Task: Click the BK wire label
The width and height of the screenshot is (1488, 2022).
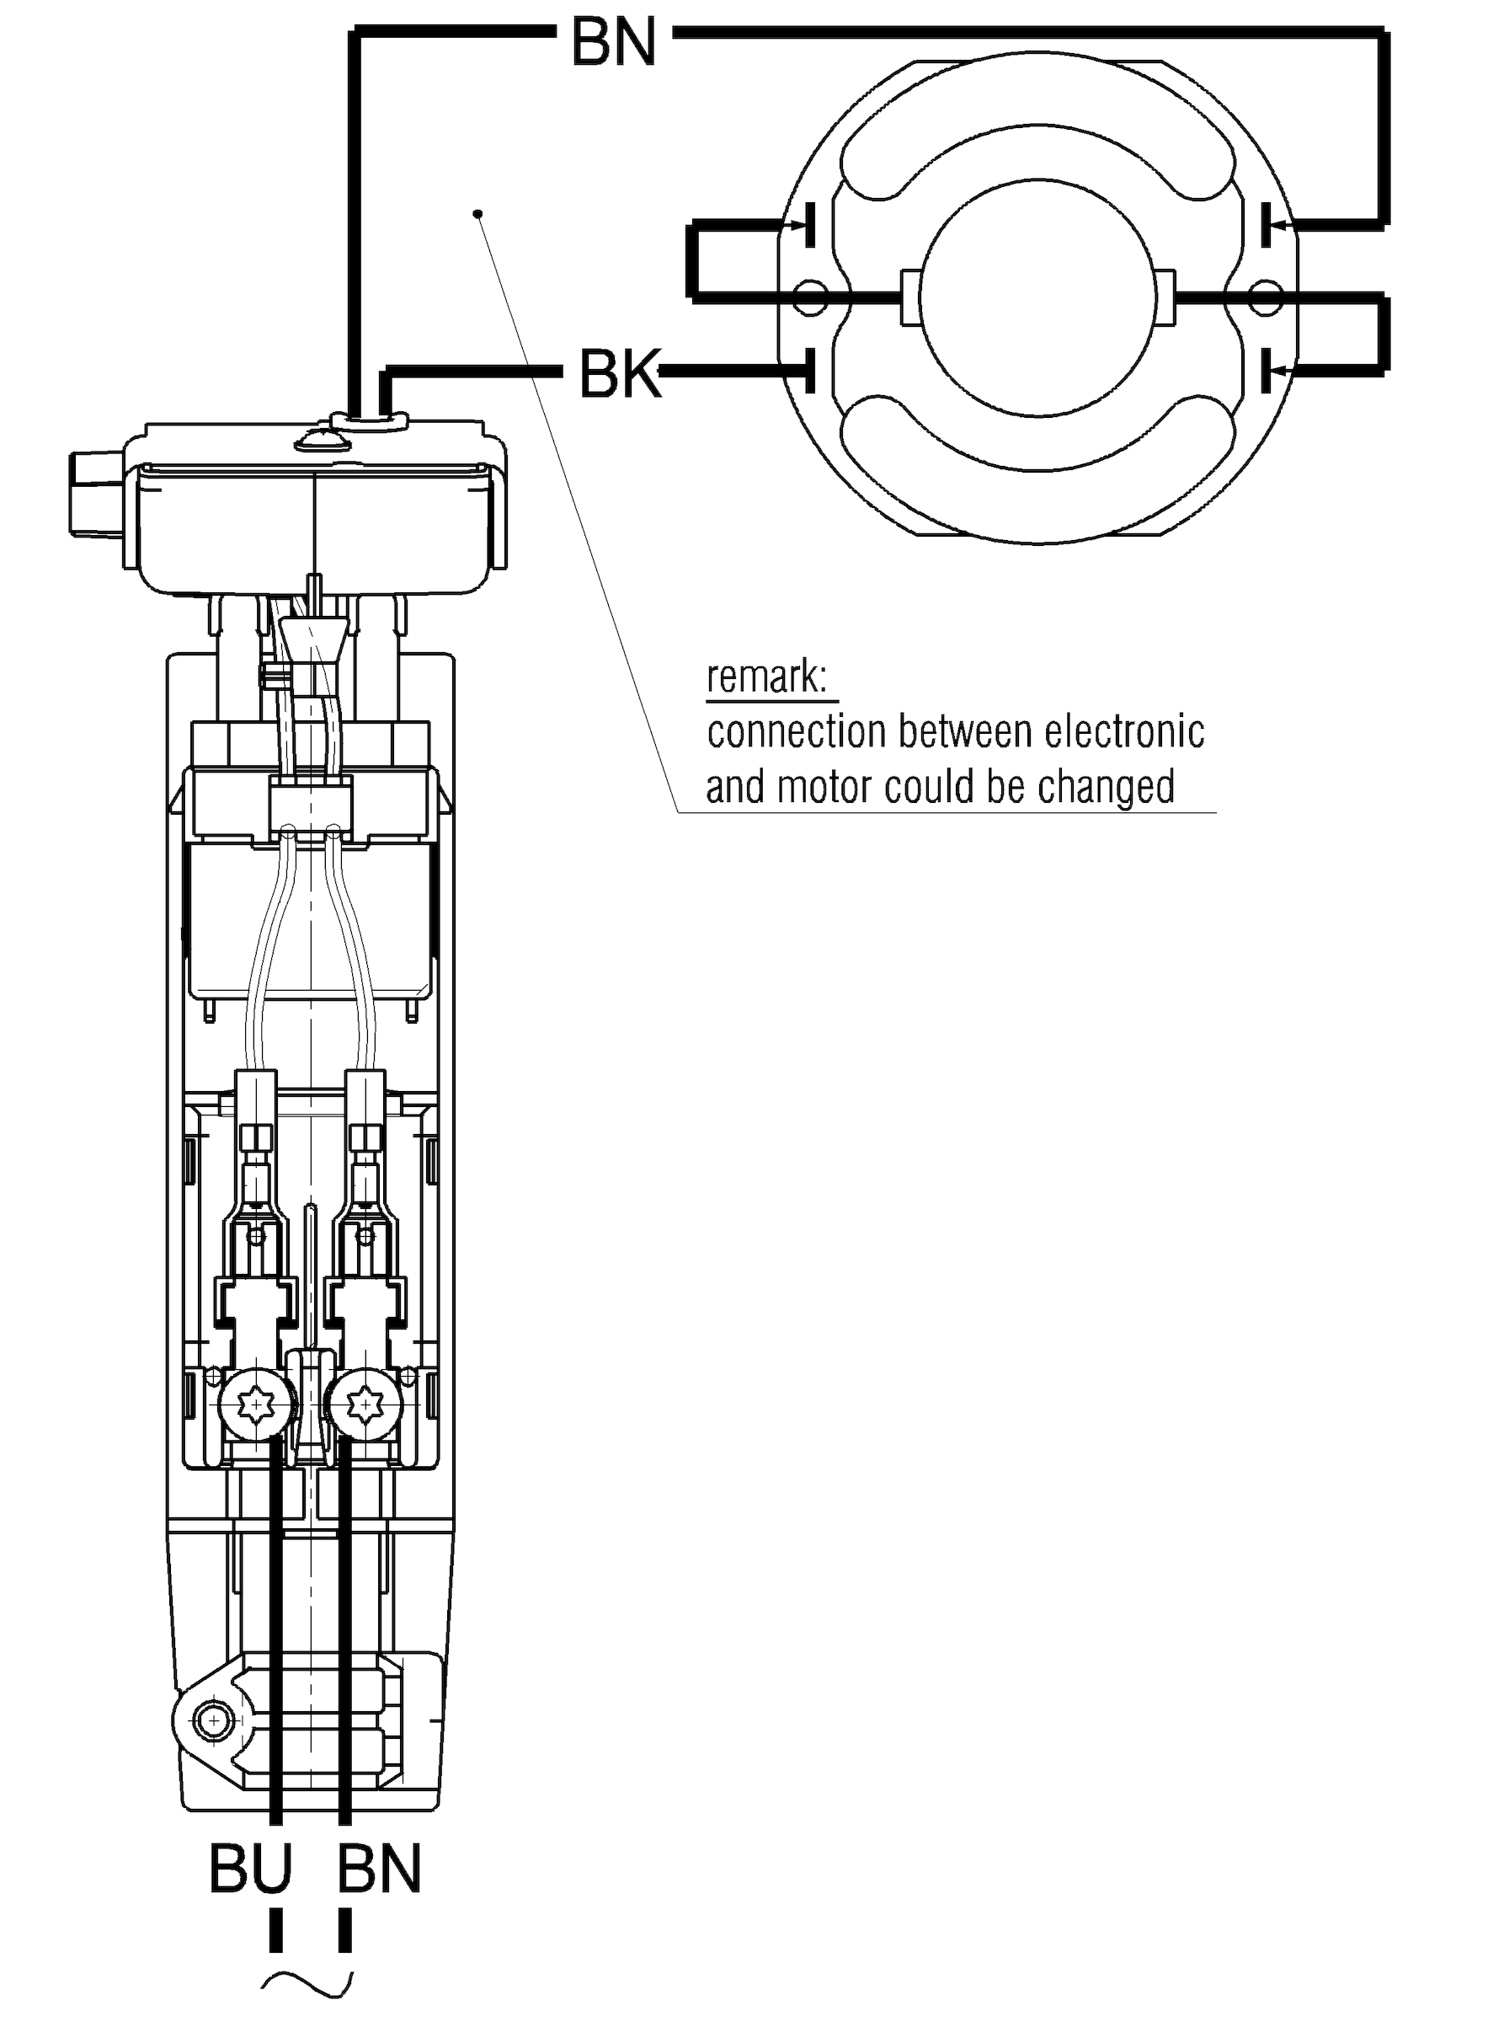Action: point(620,374)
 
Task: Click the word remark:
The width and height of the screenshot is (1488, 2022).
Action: point(766,677)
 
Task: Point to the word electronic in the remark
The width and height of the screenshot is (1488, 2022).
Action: point(1124,731)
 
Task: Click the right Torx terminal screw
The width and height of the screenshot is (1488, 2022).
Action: point(365,1402)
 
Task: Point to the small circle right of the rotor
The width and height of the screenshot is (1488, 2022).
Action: point(1267,297)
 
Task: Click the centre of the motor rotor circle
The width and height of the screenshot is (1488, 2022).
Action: point(1038,297)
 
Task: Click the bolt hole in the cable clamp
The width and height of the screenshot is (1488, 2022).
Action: point(213,1722)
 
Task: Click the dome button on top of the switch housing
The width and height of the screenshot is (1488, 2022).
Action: point(318,439)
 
